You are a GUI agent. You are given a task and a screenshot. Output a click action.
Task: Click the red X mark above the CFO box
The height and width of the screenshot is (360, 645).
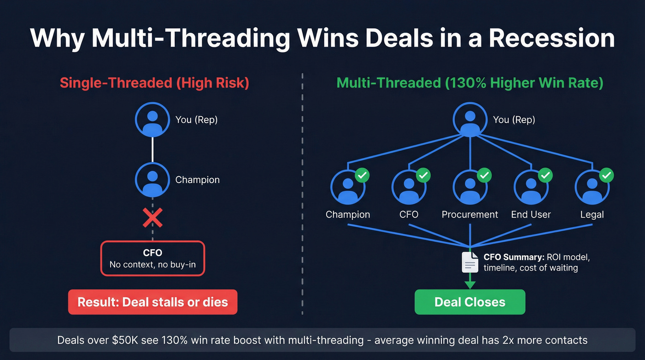pos(152,218)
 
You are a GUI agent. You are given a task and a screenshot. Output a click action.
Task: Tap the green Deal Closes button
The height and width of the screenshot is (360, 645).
pos(469,302)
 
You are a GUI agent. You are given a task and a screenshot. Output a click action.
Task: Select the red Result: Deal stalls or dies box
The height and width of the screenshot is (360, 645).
pos(152,302)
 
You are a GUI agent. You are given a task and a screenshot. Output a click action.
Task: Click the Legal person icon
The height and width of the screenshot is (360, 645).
pos(592,187)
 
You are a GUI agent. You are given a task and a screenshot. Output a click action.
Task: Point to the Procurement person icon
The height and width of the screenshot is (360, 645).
pos(470,187)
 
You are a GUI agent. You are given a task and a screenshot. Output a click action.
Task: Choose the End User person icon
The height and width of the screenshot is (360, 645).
pos(531,187)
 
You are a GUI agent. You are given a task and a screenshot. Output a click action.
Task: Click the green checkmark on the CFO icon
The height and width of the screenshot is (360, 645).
pos(423,175)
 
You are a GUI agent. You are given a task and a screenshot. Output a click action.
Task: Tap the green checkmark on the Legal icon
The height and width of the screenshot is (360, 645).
pos(606,175)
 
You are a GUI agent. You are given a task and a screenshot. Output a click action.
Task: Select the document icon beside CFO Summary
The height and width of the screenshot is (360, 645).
pos(470,262)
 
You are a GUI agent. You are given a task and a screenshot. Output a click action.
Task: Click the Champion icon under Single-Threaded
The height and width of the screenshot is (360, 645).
pos(152,180)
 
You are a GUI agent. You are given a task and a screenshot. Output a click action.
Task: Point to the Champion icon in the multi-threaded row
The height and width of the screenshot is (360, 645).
pos(348,187)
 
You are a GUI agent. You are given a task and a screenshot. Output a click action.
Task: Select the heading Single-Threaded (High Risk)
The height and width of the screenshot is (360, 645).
pos(154,83)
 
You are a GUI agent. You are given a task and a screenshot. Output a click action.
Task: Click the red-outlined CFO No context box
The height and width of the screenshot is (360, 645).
pos(152,259)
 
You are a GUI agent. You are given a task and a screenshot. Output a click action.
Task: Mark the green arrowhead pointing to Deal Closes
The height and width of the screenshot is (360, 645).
pos(470,283)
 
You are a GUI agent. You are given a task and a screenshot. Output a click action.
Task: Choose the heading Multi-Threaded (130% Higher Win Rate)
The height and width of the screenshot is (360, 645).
pos(470,83)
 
